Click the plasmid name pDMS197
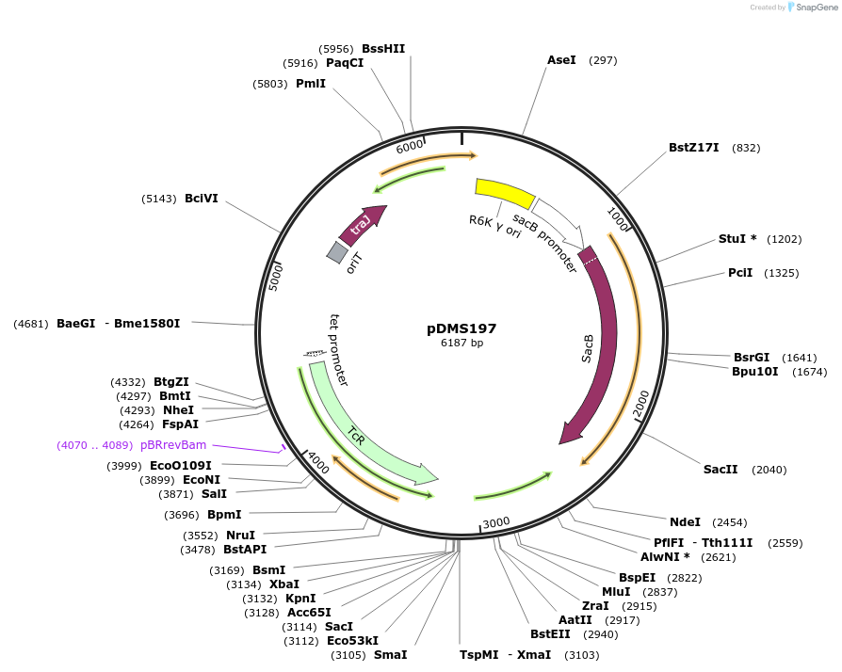[461, 328]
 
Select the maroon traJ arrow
[362, 224]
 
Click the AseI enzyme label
[561, 60]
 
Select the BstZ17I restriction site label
[693, 148]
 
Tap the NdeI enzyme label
[685, 521]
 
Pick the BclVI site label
[202, 199]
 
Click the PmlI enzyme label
[311, 84]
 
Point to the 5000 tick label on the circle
[276, 276]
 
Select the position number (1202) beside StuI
[784, 239]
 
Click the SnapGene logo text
[817, 8]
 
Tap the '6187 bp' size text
[461, 344]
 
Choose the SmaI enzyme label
[390, 654]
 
